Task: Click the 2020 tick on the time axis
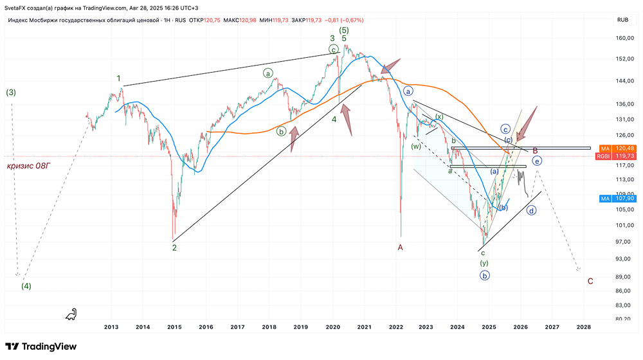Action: click(x=333, y=327)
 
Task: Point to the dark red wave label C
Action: click(x=590, y=281)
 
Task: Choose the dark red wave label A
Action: click(x=400, y=247)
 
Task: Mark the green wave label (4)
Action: click(x=26, y=285)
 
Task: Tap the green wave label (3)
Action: click(x=11, y=93)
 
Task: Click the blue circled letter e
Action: click(x=537, y=161)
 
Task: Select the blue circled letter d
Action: click(x=532, y=210)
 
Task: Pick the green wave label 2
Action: click(x=174, y=247)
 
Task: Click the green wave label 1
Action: click(x=119, y=78)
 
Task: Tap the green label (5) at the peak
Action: click(x=345, y=30)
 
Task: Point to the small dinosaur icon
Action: click(x=71, y=313)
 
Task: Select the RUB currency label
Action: click(x=622, y=20)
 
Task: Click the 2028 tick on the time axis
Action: click(x=583, y=327)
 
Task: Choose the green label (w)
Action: click(x=416, y=146)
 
